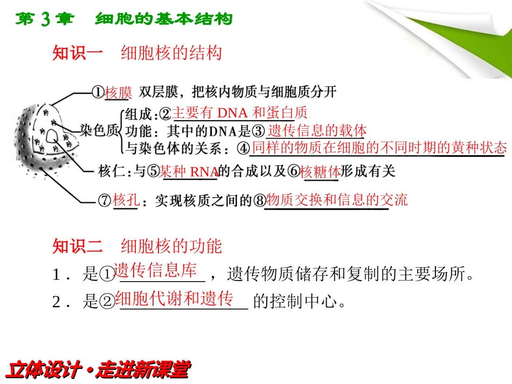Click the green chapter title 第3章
[45, 19]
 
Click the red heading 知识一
[78, 53]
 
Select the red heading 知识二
[78, 246]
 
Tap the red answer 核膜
[118, 92]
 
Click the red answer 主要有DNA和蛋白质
[239, 113]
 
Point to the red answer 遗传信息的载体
[317, 130]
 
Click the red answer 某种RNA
[189, 171]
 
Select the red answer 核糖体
[320, 171]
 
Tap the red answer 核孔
[126, 200]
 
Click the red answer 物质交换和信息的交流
[337, 200]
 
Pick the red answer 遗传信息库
[155, 270]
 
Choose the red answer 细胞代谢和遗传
[175, 298]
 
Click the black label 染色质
[99, 130]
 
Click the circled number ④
[243, 149]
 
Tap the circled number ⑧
[260, 200]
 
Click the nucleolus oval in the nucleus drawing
[52, 136]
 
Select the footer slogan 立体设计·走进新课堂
[98, 369]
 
